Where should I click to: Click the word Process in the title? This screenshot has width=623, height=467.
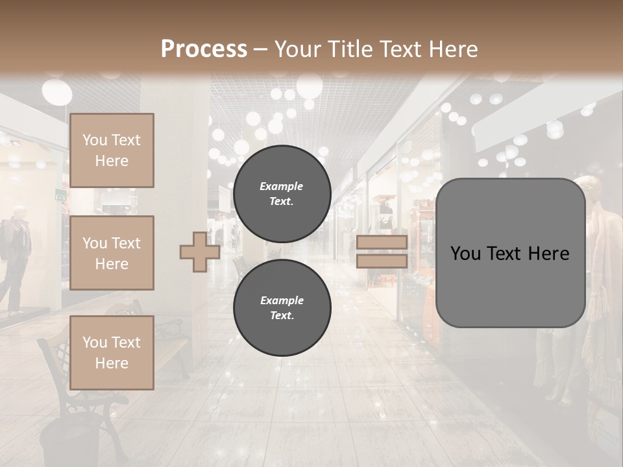click(204, 49)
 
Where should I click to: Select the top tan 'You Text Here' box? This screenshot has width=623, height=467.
click(112, 150)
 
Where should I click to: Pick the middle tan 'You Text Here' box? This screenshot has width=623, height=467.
click(112, 253)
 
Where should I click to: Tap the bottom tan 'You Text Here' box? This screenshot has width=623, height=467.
click(112, 353)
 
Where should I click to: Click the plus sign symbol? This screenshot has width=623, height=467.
click(200, 252)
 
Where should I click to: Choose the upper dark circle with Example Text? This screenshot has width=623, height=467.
click(282, 194)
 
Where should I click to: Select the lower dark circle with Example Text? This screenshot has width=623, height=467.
click(282, 308)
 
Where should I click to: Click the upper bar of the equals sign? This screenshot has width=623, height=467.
click(382, 243)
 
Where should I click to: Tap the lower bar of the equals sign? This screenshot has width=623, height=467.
click(382, 261)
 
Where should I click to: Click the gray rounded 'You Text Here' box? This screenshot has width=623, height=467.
click(510, 253)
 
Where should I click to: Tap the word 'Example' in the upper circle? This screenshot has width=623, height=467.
click(282, 186)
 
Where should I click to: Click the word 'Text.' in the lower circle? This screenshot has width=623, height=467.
click(282, 316)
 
